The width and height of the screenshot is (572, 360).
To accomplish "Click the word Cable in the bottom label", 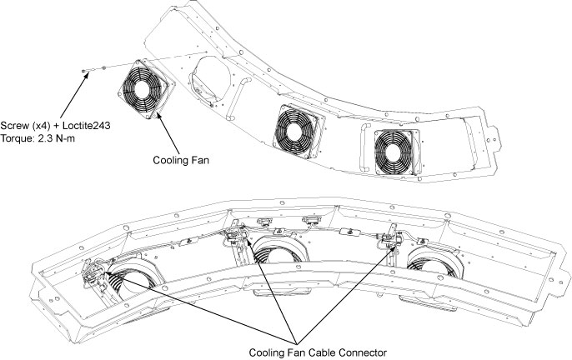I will [319, 351].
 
